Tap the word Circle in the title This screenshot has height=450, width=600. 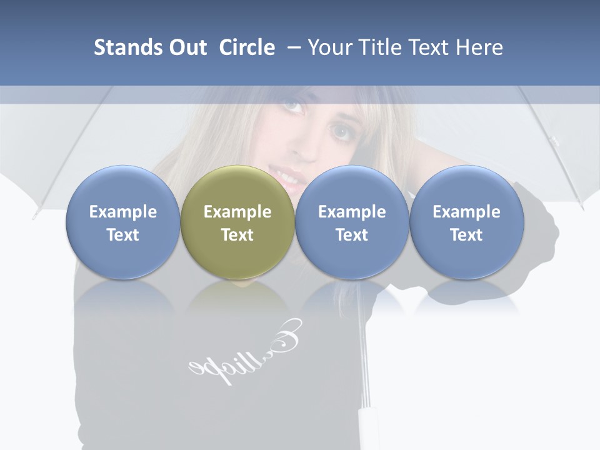(247, 47)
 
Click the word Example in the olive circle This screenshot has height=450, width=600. (237, 212)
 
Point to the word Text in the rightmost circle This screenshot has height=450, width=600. (466, 235)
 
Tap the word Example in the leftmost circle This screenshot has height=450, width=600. (123, 212)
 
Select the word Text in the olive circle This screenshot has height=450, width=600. (237, 235)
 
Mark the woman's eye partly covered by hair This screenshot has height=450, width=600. (342, 131)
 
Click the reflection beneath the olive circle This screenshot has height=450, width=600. (237, 300)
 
